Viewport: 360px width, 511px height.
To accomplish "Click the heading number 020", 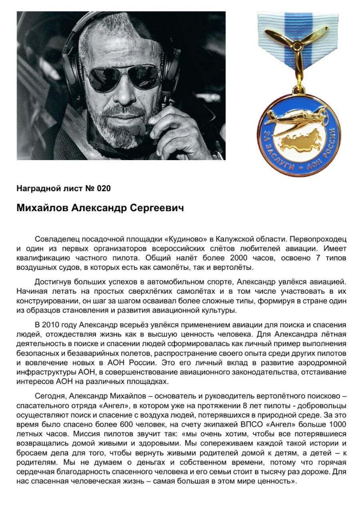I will (x=103, y=188).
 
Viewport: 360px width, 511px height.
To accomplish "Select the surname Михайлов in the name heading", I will (x=42, y=209).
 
